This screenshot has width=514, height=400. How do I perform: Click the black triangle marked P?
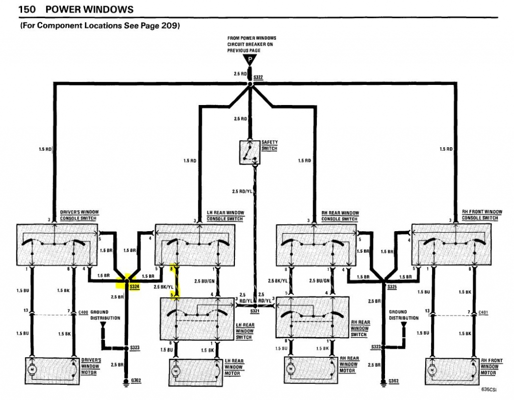coord(249,60)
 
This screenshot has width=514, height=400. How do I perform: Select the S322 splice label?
coord(259,77)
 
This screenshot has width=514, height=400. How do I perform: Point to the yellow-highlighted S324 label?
coord(134,286)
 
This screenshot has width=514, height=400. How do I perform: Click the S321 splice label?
coord(255,312)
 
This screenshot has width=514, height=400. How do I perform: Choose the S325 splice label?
coord(392,286)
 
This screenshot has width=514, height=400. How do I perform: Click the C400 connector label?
coord(83,312)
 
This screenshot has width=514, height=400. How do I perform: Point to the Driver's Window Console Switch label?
coord(79,215)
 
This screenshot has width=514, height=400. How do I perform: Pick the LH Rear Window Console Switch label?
coord(225,216)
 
